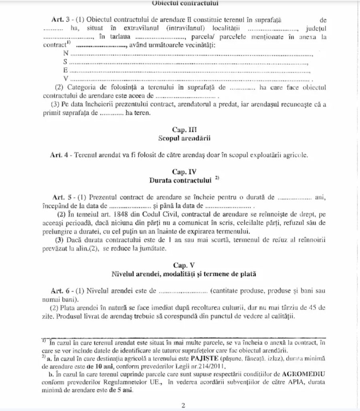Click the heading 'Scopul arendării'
(x=184, y=138)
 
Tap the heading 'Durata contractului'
(x=180, y=180)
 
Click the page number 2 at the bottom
(x=183, y=405)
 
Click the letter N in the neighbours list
(x=66, y=53)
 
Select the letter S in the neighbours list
(x=65, y=62)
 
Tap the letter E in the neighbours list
(x=65, y=70)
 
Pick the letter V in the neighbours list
(x=66, y=78)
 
